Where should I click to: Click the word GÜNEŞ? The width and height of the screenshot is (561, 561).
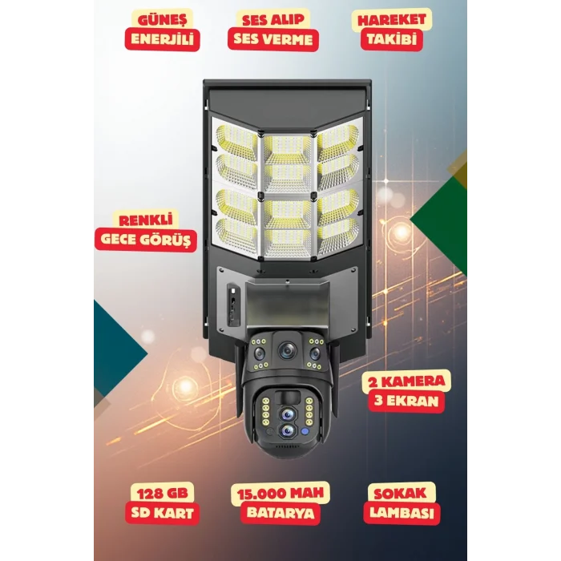pos(163,20)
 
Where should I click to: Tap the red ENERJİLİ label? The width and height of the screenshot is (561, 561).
pos(162,39)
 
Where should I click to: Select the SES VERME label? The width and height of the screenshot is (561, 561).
pos(273,39)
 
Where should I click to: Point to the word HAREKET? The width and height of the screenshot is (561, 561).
pos(392,20)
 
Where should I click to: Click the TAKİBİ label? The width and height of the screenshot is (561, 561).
pos(392,39)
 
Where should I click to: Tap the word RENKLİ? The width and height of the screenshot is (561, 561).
pos(146,220)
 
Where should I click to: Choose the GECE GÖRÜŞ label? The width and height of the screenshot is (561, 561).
pos(146,240)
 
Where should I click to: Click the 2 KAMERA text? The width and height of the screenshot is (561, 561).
pos(406,381)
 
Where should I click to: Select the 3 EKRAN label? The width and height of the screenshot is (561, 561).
pos(406,401)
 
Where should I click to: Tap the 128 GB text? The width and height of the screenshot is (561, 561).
pos(162,494)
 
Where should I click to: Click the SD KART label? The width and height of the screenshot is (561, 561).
pos(162,513)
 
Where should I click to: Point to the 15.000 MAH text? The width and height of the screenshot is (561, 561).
pos(280,494)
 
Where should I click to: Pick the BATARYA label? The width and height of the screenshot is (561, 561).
pos(280,513)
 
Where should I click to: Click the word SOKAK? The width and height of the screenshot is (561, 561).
pos(400,494)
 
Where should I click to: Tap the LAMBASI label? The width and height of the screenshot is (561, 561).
pos(402,513)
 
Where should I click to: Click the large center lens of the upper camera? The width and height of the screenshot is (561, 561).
pos(288,350)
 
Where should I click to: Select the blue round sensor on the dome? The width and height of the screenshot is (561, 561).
pos(305,431)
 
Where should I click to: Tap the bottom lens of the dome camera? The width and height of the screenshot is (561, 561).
pos(288,431)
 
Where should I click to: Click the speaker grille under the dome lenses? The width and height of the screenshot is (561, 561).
pos(287,446)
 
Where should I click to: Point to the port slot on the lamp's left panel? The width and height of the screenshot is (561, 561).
pos(232,305)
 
